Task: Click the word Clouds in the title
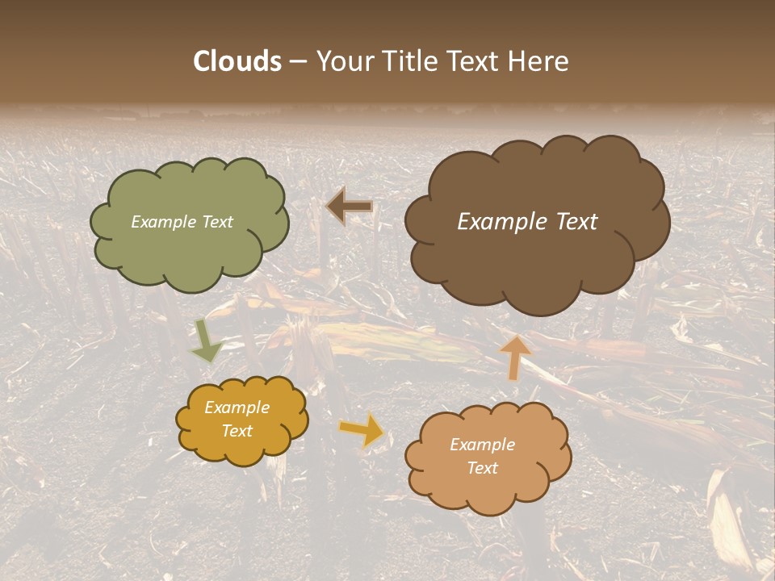(237, 61)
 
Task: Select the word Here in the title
(538, 61)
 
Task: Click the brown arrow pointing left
(350, 207)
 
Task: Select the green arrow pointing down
(206, 341)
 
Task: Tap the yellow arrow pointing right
(362, 430)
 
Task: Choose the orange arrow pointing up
(515, 357)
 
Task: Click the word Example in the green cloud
(163, 222)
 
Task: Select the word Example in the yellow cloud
(237, 408)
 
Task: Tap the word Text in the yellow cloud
(237, 431)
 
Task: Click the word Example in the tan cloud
(482, 445)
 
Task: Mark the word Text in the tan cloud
(482, 468)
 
